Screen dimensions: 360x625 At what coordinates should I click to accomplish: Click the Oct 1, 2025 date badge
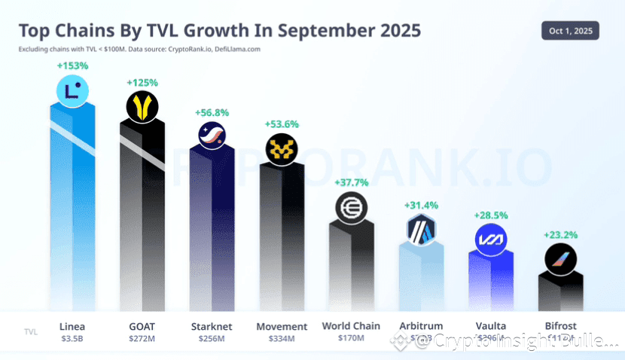coord(570,30)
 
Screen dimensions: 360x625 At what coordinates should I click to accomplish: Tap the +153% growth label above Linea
coord(72,66)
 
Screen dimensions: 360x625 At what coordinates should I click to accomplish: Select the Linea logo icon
coord(73,91)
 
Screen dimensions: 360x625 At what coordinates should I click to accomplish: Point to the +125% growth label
coord(142,82)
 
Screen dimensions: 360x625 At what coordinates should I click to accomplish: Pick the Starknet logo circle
coord(211,136)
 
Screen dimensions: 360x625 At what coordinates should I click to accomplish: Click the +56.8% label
coord(212,112)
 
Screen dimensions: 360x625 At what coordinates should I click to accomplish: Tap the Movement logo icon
coord(282,148)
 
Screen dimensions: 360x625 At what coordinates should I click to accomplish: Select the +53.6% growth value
coord(281,124)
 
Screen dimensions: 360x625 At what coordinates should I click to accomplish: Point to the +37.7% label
coord(351,182)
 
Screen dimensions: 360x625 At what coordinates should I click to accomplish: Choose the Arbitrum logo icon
coord(421,229)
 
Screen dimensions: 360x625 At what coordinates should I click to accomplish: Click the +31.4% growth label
coord(421,205)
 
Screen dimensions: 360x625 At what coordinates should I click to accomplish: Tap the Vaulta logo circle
coord(490,239)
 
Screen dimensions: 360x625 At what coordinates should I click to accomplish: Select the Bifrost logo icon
coord(560,260)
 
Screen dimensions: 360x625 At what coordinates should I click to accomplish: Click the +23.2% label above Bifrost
coord(560,235)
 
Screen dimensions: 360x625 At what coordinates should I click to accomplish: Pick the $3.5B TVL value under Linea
coord(72,339)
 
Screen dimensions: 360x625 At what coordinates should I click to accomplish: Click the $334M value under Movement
coord(282,339)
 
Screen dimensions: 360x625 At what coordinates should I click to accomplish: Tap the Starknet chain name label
coord(211,327)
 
